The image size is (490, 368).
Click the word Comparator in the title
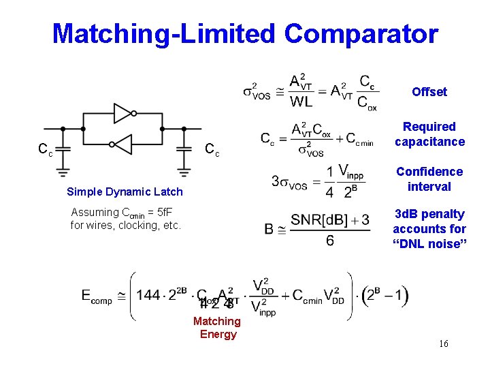(361, 33)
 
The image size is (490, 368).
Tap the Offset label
(429, 92)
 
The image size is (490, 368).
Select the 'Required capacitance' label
(429, 134)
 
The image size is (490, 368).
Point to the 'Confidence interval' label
(429, 179)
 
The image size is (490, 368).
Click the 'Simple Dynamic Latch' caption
(125, 192)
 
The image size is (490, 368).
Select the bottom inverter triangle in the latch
(122, 144)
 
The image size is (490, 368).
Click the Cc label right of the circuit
(212, 150)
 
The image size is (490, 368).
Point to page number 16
(444, 343)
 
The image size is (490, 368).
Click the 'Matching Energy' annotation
(217, 327)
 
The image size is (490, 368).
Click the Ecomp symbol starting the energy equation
(97, 296)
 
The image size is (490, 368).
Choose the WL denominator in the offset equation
(300, 102)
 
